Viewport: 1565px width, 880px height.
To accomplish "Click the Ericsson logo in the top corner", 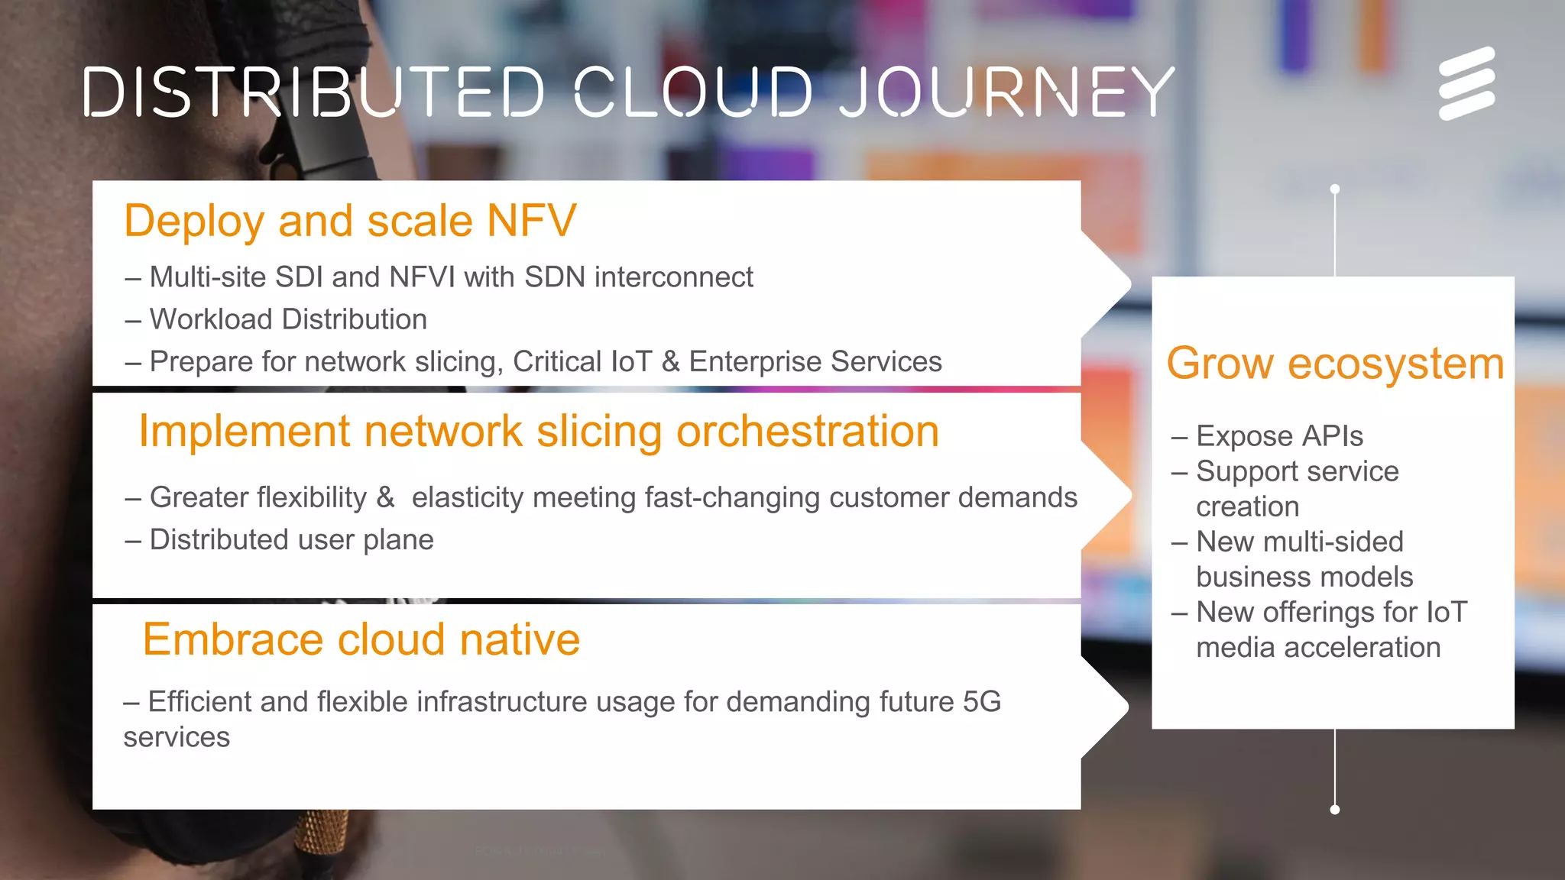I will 1466,83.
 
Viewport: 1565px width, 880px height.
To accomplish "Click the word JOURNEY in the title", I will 1007,92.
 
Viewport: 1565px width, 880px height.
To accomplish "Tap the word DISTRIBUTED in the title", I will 314,92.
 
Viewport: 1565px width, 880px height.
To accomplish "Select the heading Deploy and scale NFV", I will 350,222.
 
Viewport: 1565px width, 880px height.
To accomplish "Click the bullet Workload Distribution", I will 288,319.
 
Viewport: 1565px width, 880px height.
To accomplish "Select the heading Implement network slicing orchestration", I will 539,432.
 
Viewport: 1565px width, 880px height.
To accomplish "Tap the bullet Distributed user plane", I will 291,540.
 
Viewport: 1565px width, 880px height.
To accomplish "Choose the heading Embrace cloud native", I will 361,639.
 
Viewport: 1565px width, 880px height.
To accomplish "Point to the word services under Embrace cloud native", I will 177,737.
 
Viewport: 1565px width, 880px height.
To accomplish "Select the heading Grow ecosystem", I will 1334,364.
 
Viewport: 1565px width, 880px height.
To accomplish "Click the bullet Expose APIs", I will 1278,436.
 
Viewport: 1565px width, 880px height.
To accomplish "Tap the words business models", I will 1304,577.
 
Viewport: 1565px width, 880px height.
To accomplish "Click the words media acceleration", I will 1317,648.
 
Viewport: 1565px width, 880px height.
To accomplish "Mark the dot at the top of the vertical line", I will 1335,189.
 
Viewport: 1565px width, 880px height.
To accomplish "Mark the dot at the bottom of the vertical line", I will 1335,810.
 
